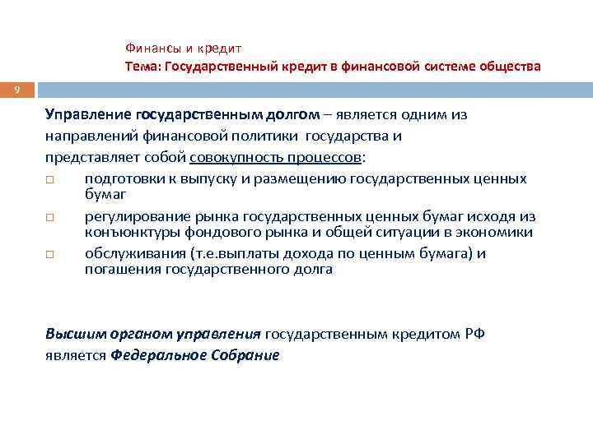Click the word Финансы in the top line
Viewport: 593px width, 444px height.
pos(152,49)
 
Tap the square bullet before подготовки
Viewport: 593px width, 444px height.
pos(50,179)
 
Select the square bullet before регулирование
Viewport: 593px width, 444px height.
pos(50,217)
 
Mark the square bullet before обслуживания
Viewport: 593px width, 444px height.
pos(50,254)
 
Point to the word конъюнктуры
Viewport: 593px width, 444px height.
pos(126,233)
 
